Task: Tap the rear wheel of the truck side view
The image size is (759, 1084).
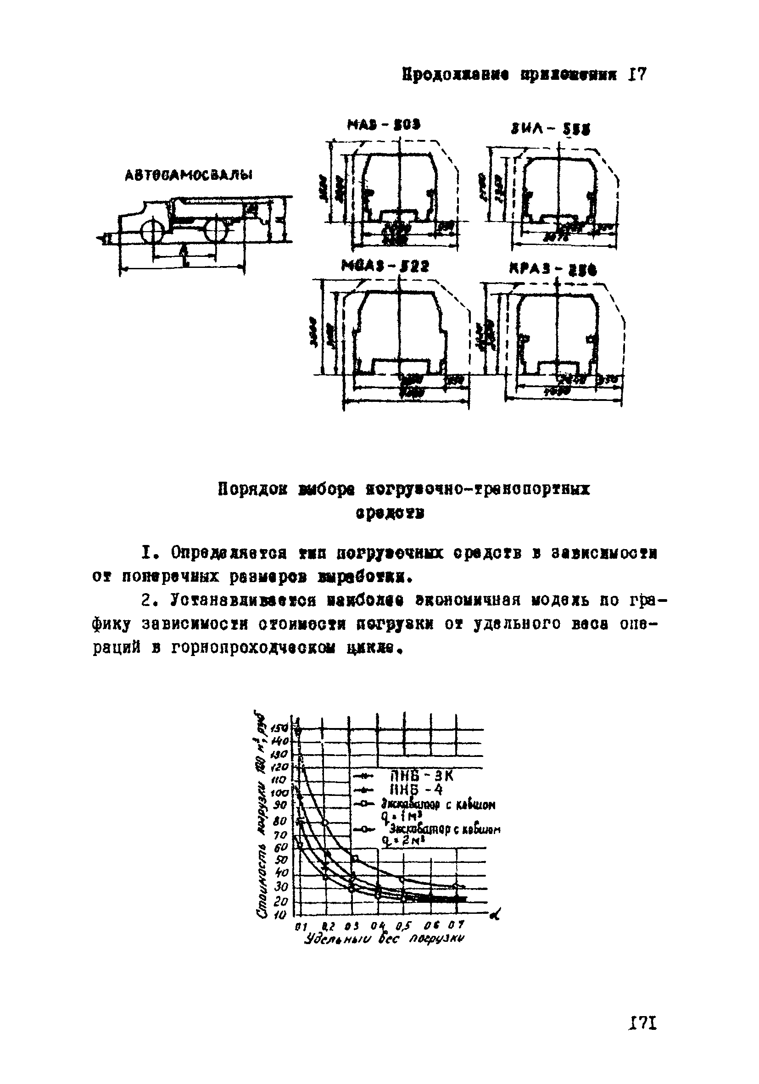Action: click(216, 231)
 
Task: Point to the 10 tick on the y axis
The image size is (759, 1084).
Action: click(281, 916)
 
